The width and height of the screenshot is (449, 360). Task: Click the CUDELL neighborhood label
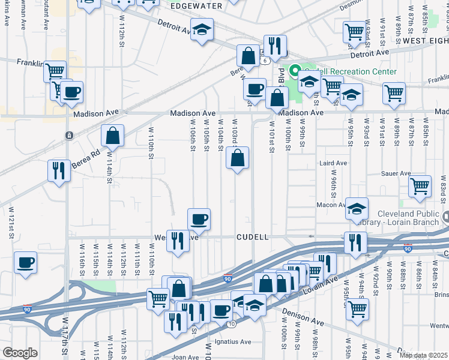252,237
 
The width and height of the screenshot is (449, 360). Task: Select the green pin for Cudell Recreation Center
294,71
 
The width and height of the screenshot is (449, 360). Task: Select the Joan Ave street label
185,356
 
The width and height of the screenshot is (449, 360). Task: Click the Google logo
19,353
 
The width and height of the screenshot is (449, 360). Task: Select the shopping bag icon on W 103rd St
238,159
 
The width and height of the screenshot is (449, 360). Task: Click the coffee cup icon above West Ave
199,219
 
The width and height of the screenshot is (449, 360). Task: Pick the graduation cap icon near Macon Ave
357,208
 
